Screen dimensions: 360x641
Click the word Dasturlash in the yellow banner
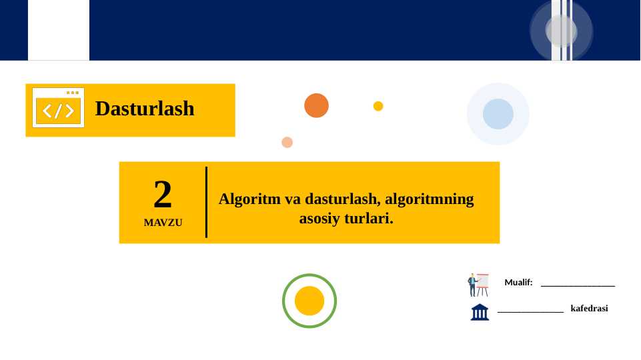pyautogui.click(x=145, y=108)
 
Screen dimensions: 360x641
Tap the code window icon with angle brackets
pyautogui.click(x=58, y=108)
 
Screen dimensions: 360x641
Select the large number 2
pyautogui.click(x=163, y=195)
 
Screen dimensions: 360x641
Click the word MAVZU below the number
pyautogui.click(x=163, y=223)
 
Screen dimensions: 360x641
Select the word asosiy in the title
pyautogui.click(x=319, y=218)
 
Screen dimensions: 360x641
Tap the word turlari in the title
pyautogui.click(x=368, y=218)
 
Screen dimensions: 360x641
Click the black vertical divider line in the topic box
pyautogui.click(x=206, y=202)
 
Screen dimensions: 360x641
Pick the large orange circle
pyautogui.click(x=316, y=105)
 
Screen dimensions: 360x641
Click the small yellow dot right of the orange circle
pyautogui.click(x=378, y=106)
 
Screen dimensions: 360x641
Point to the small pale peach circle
pyautogui.click(x=287, y=142)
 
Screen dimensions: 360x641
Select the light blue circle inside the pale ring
pyautogui.click(x=498, y=113)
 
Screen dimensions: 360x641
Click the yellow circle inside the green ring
pyautogui.click(x=309, y=301)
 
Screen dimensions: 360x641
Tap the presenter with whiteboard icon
pyautogui.click(x=478, y=285)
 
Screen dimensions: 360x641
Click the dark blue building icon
pyautogui.click(x=480, y=312)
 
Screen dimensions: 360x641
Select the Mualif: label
pyautogui.click(x=518, y=283)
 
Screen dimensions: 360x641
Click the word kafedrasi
pyautogui.click(x=589, y=309)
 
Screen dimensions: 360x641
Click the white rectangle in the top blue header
pyautogui.click(x=58, y=30)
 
